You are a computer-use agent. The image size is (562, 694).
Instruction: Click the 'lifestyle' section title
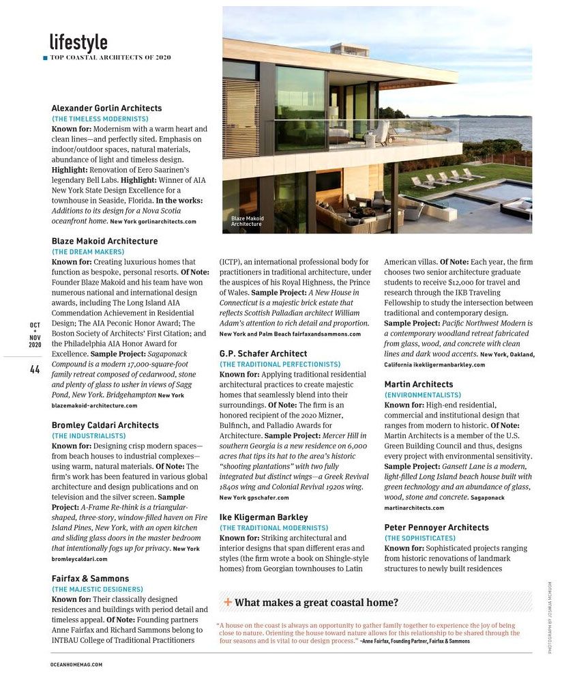pyautogui.click(x=78, y=42)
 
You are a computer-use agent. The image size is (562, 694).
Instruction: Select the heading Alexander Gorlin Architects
pyautogui.click(x=106, y=108)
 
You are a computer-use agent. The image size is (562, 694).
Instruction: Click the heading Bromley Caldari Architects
pyautogui.click(x=105, y=425)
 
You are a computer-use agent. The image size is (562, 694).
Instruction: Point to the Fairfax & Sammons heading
pyautogui.click(x=91, y=579)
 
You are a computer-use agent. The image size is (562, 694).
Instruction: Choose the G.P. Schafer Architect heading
pyautogui.click(x=263, y=353)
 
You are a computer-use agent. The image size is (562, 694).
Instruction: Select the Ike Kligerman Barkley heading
pyautogui.click(x=263, y=517)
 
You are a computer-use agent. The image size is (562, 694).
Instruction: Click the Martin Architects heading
pyautogui.click(x=418, y=384)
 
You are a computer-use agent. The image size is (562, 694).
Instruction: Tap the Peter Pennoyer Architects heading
pyautogui.click(x=437, y=527)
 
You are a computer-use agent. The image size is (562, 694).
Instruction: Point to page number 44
pyautogui.click(x=35, y=369)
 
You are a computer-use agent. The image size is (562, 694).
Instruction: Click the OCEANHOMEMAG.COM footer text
pyautogui.click(x=76, y=664)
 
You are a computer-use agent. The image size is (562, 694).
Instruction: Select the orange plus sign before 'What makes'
pyautogui.click(x=228, y=603)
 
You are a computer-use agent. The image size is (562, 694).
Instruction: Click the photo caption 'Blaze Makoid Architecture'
pyautogui.click(x=247, y=221)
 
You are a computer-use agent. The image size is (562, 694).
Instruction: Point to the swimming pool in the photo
pyautogui.click(x=477, y=198)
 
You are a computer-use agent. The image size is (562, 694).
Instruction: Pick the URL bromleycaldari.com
pyautogui.click(x=80, y=559)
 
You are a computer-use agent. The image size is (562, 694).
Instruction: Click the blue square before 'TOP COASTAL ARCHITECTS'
pyautogui.click(x=45, y=58)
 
